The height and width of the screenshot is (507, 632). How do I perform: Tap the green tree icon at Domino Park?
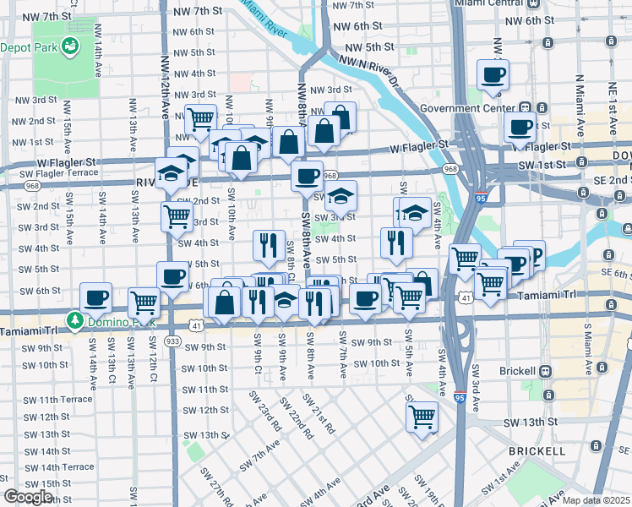coord(76,321)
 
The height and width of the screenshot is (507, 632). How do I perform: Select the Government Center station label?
coord(467,108)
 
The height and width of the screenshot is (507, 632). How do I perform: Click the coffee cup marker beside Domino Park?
coord(96,297)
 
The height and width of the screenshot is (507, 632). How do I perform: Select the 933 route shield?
coord(172,341)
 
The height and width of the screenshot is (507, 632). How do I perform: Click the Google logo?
coord(28,497)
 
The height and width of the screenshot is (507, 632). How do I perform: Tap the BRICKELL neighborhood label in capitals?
coord(537,451)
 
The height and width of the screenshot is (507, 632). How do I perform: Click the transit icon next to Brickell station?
coord(546,372)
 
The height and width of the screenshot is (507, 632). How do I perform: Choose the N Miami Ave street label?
coord(581,106)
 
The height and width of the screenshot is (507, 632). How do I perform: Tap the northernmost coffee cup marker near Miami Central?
coord(493,74)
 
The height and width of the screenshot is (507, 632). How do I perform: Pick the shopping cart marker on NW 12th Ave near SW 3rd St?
coord(177,216)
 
